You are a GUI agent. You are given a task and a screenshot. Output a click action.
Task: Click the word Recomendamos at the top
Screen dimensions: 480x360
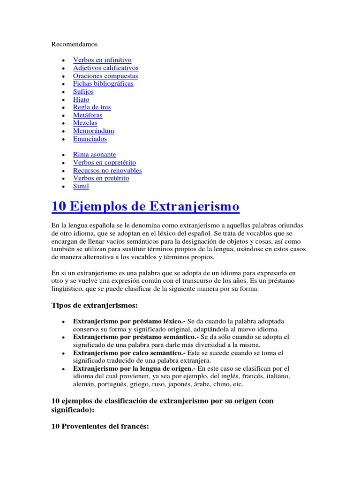[x=74, y=44]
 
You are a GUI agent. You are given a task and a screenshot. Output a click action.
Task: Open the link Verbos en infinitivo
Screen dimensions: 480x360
[x=102, y=60]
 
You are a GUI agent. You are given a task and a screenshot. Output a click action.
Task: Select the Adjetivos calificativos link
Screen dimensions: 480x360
[x=105, y=68]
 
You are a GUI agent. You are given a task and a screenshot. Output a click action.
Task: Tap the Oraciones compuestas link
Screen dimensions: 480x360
[x=105, y=76]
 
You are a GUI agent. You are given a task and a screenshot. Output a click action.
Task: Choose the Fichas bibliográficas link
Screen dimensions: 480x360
[x=103, y=84]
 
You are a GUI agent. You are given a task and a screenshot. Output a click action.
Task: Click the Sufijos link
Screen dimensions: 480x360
[x=83, y=92]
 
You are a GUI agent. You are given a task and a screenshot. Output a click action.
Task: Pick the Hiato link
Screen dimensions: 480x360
[x=81, y=100]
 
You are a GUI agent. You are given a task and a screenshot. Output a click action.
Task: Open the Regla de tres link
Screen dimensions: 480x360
[x=92, y=107]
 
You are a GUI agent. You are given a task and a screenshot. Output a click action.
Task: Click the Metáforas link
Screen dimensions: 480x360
[x=88, y=115]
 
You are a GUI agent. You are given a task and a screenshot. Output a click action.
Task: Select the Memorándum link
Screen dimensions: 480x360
[x=94, y=131]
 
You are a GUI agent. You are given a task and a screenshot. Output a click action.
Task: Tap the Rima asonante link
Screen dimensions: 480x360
[x=95, y=155]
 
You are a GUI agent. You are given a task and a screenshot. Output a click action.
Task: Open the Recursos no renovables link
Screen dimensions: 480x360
[x=107, y=171]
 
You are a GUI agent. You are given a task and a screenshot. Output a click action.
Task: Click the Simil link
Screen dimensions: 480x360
[x=81, y=186]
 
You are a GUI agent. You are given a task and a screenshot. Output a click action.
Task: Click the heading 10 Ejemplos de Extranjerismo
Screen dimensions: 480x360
[x=145, y=206]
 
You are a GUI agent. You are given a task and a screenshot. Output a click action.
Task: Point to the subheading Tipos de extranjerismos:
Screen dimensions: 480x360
[x=94, y=306]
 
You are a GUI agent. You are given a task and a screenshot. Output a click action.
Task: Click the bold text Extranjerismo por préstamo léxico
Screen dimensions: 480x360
[x=129, y=322]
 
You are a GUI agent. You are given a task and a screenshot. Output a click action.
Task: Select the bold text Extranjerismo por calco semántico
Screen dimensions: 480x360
[x=129, y=353]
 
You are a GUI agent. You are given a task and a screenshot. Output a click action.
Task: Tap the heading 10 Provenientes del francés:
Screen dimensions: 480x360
[x=99, y=427]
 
